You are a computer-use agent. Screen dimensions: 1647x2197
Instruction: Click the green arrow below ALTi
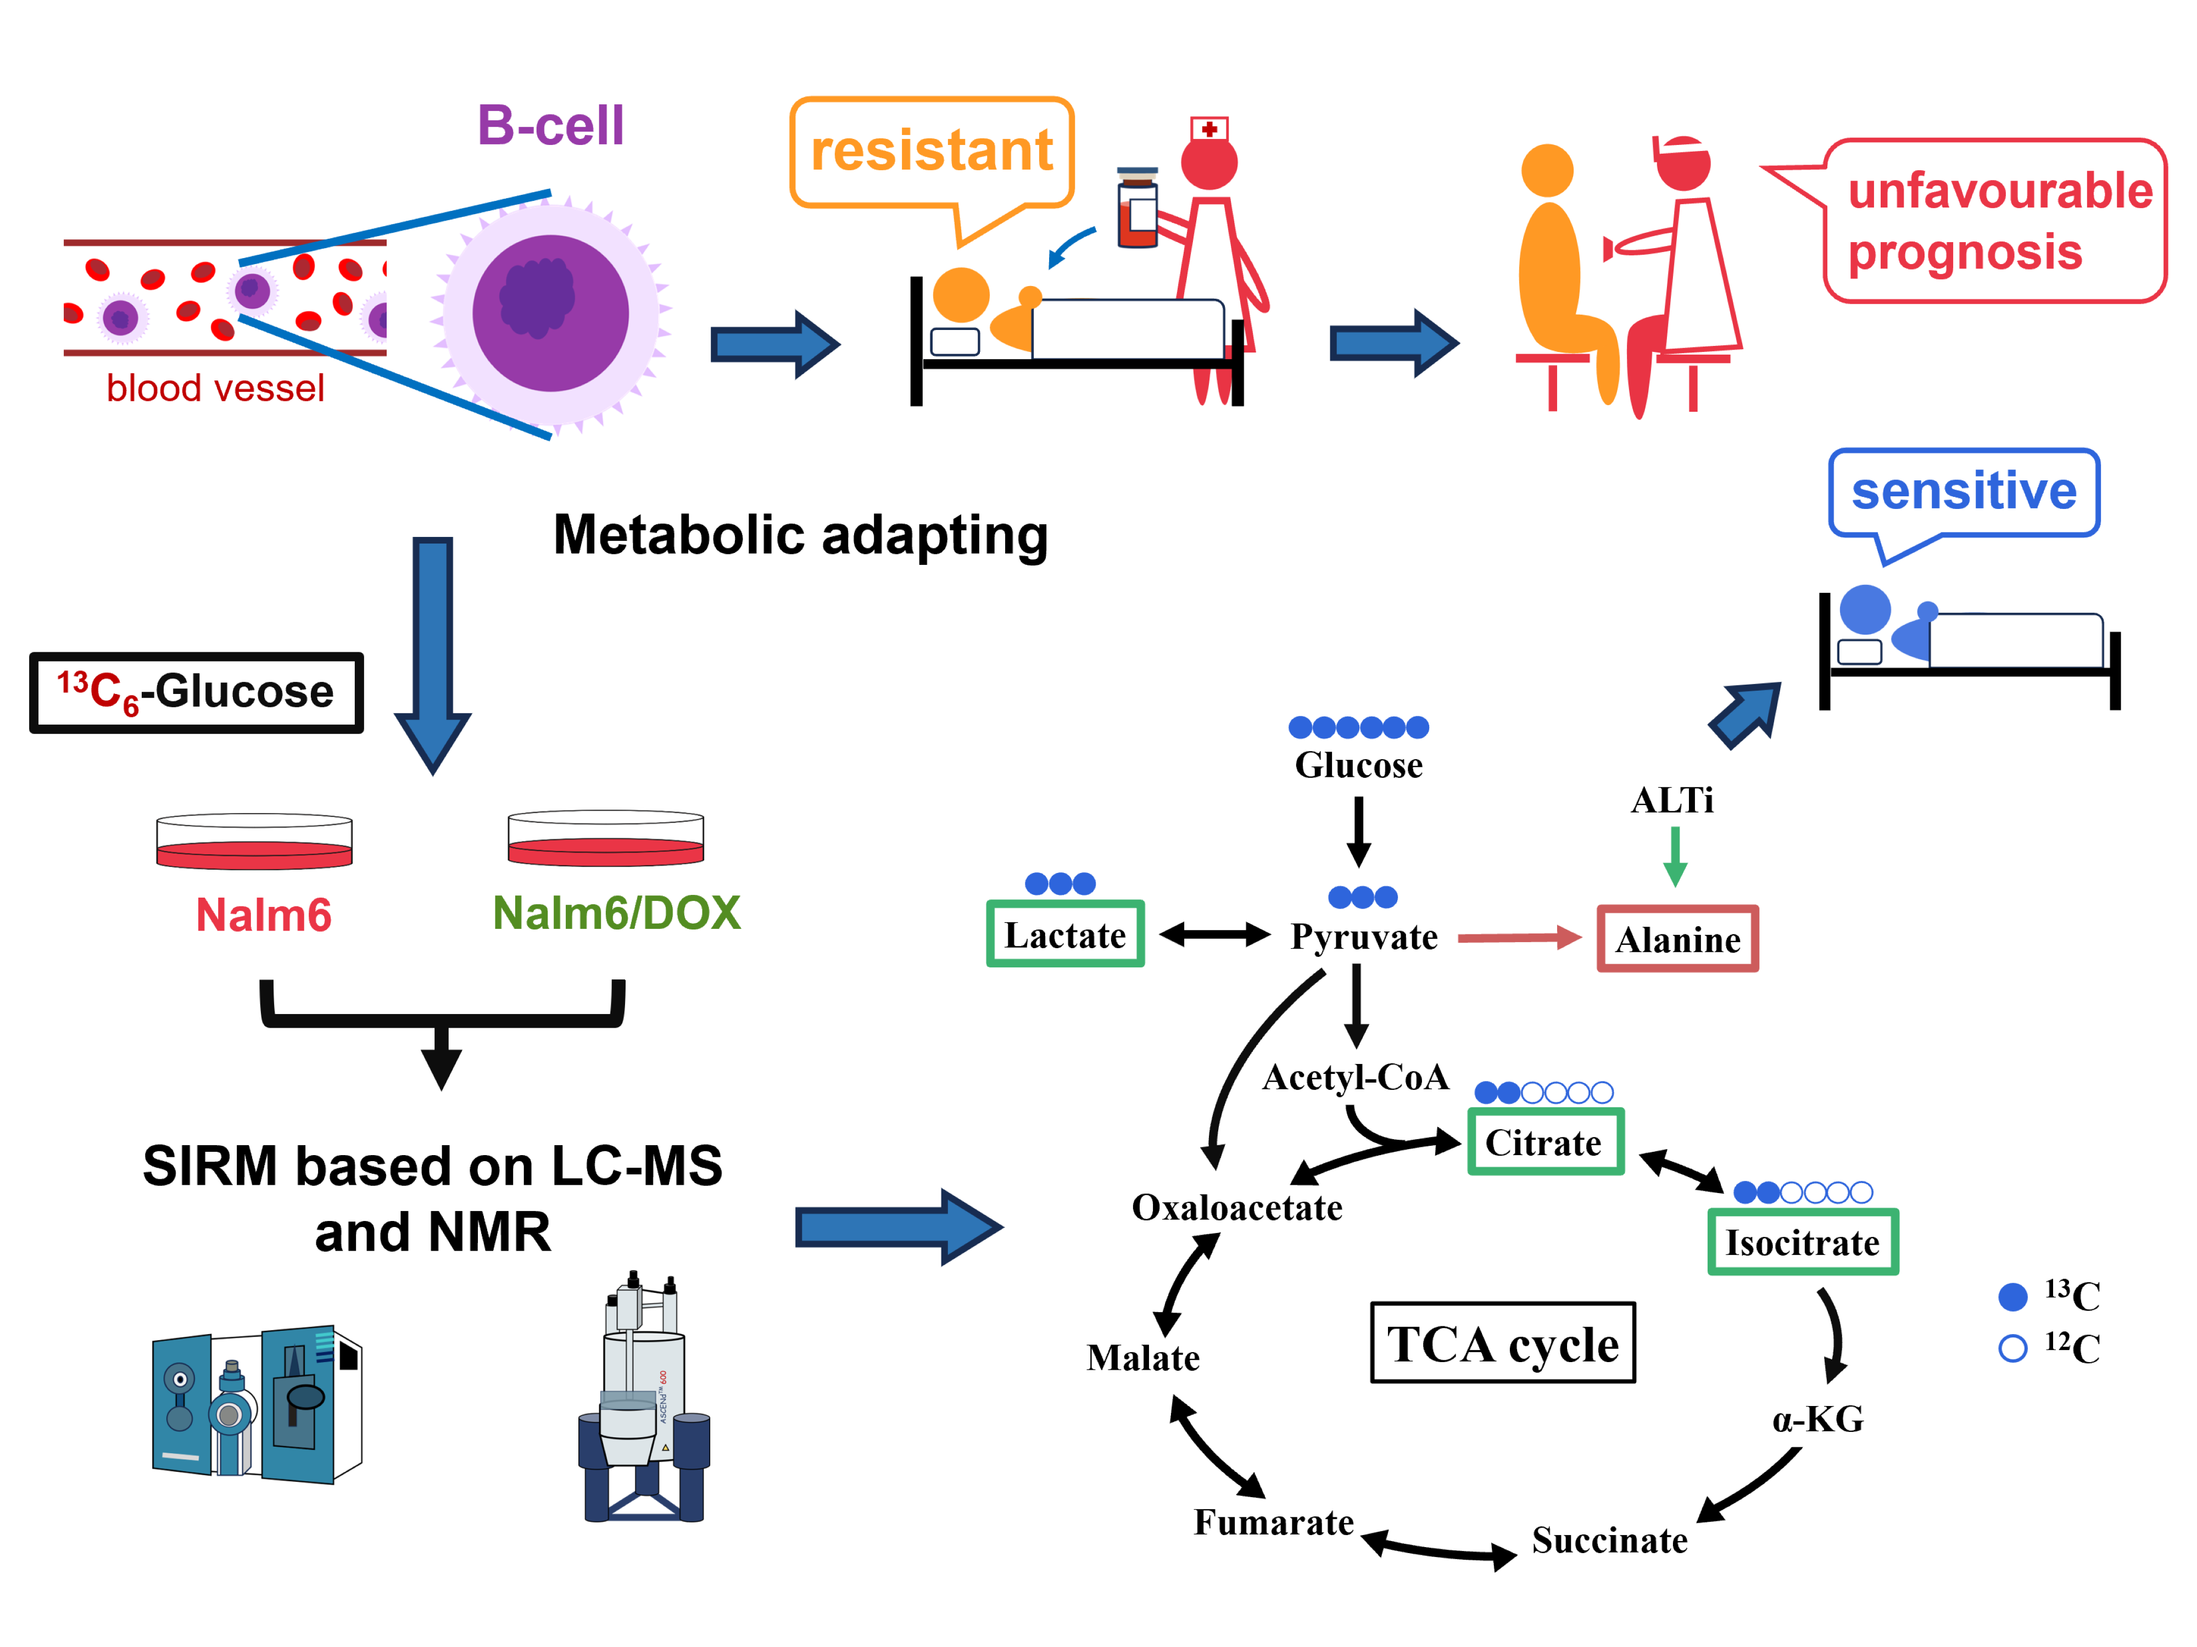[x=1675, y=856]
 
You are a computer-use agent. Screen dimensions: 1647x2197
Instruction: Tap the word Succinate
[x=1609, y=1540]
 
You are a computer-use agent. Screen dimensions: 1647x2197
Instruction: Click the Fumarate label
[x=1273, y=1522]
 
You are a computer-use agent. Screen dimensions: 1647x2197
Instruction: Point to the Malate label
[x=1142, y=1357]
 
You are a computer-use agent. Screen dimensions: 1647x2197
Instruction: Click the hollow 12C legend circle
[x=2012, y=1348]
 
